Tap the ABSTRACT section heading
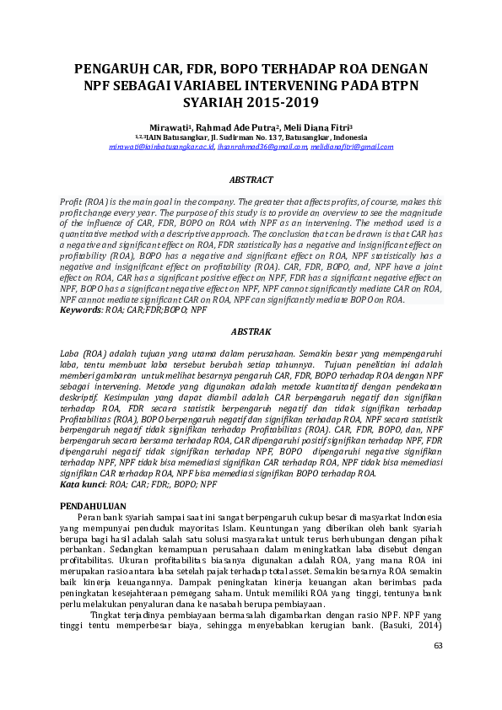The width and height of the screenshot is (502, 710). click(251, 180)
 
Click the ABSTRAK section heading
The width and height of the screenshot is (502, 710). click(251, 332)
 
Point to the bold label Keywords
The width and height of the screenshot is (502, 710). click(79, 310)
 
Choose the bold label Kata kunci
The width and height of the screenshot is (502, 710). click(82, 485)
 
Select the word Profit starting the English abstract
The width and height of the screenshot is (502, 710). click(72, 202)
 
